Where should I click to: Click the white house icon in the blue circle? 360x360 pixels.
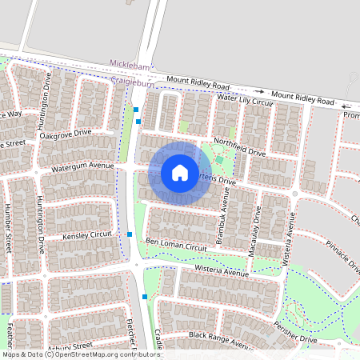point(180,172)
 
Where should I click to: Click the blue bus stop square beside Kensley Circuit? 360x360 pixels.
point(130,234)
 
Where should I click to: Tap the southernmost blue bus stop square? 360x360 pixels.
point(144,297)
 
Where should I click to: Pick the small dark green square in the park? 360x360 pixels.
point(218,160)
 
